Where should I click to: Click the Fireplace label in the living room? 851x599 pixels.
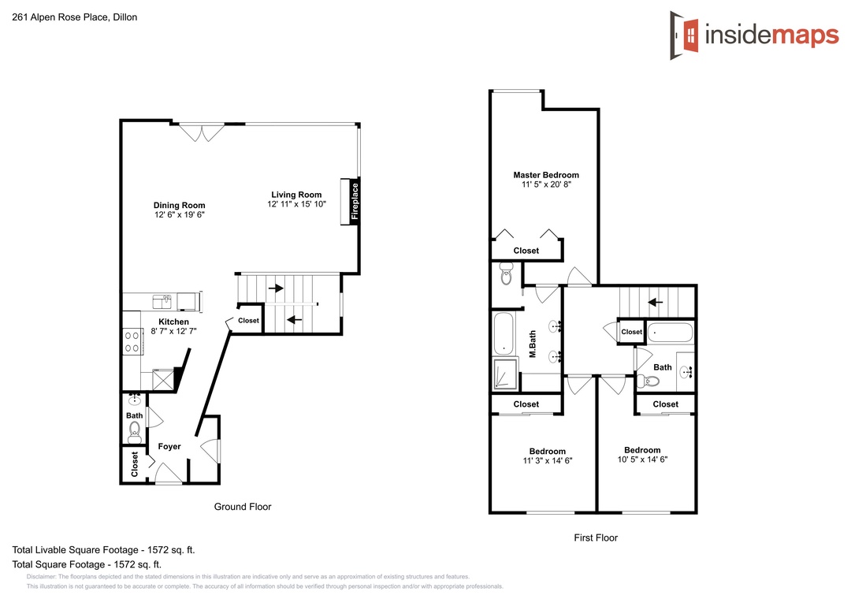[x=355, y=201]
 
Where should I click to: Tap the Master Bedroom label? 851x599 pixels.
[x=546, y=175]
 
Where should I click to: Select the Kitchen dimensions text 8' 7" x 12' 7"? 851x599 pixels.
[x=173, y=331]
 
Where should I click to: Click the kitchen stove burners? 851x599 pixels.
[x=132, y=341]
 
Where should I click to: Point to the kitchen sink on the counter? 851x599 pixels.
[x=162, y=301]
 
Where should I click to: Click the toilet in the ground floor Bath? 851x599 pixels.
[x=135, y=432]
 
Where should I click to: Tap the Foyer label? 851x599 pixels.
[x=169, y=446]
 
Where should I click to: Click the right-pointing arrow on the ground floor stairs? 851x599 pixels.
[x=276, y=288]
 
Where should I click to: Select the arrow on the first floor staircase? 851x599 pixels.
[x=655, y=302]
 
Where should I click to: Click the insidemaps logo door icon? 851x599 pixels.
[x=684, y=35]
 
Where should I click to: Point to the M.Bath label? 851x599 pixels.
[x=533, y=344]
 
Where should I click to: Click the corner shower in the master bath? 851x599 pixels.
[x=505, y=374]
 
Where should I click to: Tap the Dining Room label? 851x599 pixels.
[x=179, y=205]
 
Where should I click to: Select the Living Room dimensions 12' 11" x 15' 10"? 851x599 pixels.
[x=296, y=204]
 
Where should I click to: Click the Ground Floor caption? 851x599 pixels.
[x=243, y=507]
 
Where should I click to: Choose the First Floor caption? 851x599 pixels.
[x=596, y=538]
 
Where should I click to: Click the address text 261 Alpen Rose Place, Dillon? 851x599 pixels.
[x=74, y=17]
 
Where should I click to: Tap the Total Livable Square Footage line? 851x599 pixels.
[x=103, y=549]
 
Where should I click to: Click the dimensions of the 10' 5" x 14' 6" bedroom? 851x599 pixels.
[x=643, y=459]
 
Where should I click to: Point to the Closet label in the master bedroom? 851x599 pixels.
[x=526, y=251]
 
